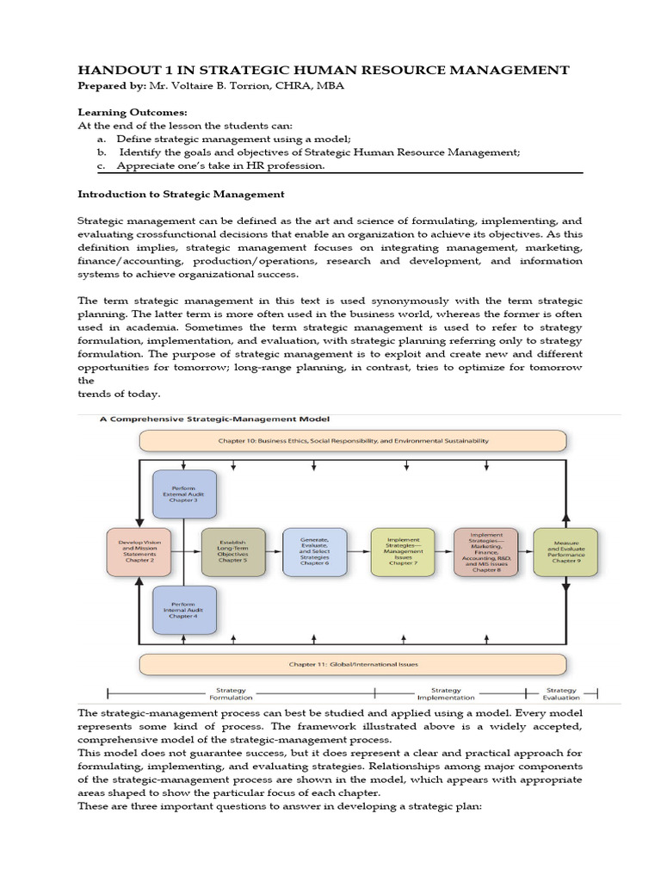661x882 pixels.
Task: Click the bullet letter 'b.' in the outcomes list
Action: tap(102, 152)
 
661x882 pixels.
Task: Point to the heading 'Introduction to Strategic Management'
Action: tap(181, 194)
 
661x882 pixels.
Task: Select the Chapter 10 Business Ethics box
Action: tap(353, 441)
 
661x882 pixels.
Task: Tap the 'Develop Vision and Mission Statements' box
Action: tap(139, 551)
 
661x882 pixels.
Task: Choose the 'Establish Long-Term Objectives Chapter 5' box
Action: tap(232, 552)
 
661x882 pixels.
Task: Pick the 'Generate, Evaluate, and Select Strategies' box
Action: tap(315, 552)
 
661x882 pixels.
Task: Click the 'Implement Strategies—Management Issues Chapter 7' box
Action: tap(403, 552)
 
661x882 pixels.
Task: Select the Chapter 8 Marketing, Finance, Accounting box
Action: tap(486, 552)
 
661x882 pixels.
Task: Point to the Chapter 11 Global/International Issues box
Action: tap(353, 664)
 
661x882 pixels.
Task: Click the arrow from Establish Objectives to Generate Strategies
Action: tap(273, 552)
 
